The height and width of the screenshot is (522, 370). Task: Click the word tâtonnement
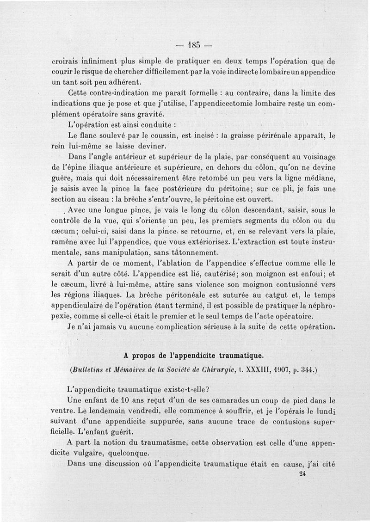[x=185, y=252]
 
